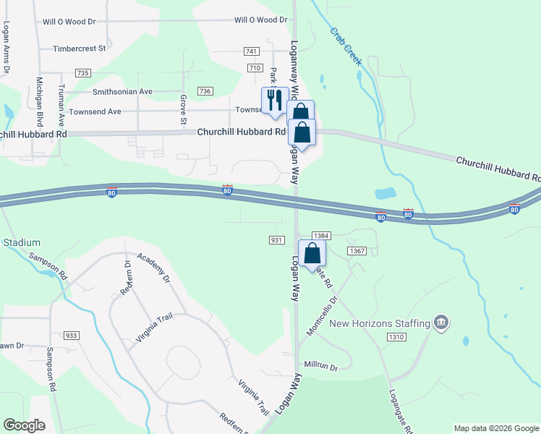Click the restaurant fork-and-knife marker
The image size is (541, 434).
274,101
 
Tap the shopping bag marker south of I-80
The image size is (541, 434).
312,254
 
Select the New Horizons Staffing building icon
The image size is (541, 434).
441,322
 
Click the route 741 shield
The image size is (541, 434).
252,51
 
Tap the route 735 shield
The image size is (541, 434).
82,74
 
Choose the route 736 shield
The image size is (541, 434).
205,91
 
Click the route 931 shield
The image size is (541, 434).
276,239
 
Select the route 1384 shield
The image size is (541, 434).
322,236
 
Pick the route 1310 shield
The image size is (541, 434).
396,337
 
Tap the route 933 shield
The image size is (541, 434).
72,336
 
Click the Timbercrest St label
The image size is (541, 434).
80,49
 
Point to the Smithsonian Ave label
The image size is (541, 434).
122,92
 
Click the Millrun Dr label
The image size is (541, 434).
321,367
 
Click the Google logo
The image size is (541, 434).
24,425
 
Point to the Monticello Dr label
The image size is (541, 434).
323,315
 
